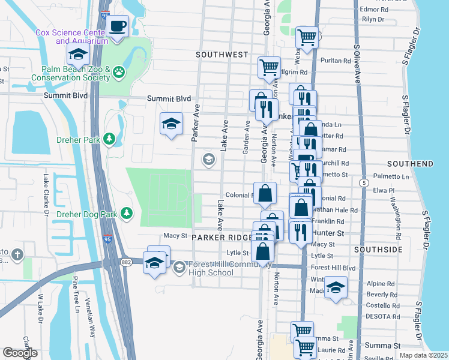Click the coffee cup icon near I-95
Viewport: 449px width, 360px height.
tap(118, 26)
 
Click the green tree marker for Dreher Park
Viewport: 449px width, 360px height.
tap(109, 139)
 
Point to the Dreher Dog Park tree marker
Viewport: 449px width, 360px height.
tap(127, 212)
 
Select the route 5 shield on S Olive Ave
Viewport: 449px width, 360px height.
tap(363, 182)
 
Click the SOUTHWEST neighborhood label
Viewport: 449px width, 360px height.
tap(221, 55)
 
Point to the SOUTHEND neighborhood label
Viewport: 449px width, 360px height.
tap(410, 163)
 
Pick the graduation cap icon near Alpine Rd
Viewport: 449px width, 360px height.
tap(336, 287)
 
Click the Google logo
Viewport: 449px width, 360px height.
tap(20, 353)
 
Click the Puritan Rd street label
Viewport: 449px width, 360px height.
tap(336, 61)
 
